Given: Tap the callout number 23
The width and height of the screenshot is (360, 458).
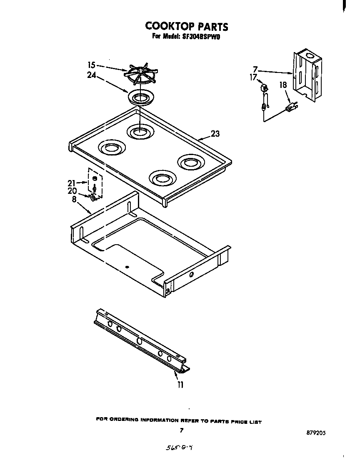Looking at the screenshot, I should coord(215,134).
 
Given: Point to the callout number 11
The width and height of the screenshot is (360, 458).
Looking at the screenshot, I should coord(180,385).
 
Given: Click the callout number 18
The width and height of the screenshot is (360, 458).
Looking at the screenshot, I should coord(283,85).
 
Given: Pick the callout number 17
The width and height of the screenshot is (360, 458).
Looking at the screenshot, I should coord(253,77).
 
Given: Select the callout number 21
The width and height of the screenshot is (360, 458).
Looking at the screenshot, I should coord(71,183).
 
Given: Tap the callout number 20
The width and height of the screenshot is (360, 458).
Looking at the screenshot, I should coord(71,190).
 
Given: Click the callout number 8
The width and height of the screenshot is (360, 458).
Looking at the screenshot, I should coord(74,199).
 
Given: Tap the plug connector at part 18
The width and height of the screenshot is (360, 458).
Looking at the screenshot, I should coord(292,108).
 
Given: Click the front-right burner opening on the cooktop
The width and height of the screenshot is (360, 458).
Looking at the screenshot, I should coord(160,179).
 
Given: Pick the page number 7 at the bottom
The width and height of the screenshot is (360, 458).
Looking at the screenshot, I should coord(181,430).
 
